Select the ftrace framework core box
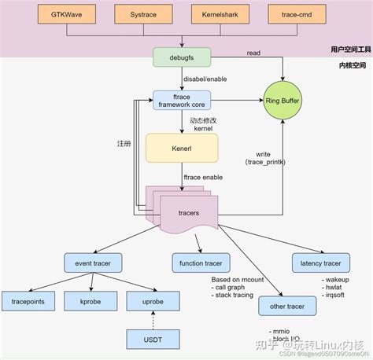(x=182, y=101)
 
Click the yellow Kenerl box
(x=182, y=146)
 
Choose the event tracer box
(x=93, y=264)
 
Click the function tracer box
(x=201, y=264)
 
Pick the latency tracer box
(x=321, y=264)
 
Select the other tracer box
(x=288, y=307)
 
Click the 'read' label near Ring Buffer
(x=252, y=53)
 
